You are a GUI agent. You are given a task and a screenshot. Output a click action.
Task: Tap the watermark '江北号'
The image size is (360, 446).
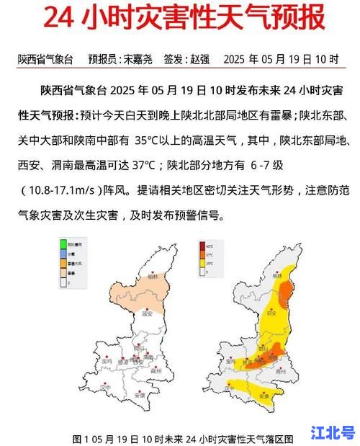point(333,432)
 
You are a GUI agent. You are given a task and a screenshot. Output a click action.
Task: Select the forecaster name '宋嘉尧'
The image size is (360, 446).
point(138,59)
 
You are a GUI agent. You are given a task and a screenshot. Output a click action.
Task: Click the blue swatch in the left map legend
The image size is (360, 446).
point(63,255)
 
